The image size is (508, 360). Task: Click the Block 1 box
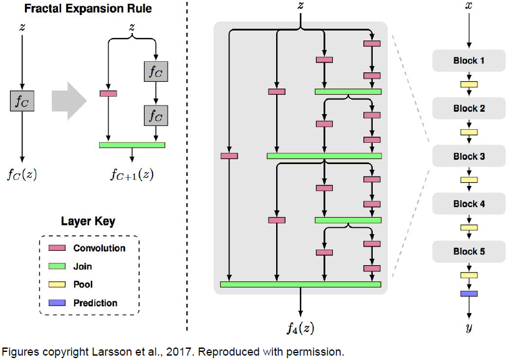tap(469, 61)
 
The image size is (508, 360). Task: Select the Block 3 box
tap(469, 156)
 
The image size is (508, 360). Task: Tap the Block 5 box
tap(469, 251)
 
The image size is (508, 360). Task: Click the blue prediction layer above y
tap(469, 294)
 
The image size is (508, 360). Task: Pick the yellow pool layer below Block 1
tap(469, 84)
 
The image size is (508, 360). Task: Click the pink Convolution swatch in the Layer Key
tap(57, 248)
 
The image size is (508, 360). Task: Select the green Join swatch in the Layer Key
tap(57, 266)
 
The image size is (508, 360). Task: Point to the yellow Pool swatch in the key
tap(57, 285)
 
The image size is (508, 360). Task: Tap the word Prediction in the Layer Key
tap(95, 303)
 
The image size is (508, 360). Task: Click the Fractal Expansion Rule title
tap(88, 9)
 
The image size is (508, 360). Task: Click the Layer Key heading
tap(88, 221)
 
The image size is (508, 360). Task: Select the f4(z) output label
tap(300, 328)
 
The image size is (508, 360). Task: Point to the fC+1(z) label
tap(132, 175)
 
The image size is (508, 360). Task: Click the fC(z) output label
tap(22, 175)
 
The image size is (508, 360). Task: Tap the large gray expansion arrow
tap(69, 101)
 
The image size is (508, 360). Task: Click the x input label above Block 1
tap(469, 6)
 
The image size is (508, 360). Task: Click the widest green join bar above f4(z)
tap(300, 285)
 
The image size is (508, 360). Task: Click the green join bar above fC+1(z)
tap(132, 145)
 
